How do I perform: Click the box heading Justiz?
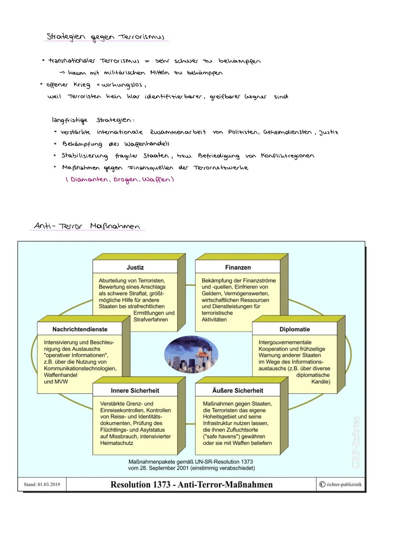[135, 268]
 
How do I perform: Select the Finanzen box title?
[238, 268]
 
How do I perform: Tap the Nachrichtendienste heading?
[80, 329]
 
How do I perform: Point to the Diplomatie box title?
[294, 329]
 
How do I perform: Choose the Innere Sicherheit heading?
[135, 391]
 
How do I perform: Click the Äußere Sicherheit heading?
[238, 391]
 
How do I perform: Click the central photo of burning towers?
[191, 354]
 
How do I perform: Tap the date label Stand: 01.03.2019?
[42, 484]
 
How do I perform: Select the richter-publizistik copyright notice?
[341, 484]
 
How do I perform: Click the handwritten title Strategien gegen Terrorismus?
[106, 37]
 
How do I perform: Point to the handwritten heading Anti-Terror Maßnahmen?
[87, 226]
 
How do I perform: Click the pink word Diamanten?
[89, 180]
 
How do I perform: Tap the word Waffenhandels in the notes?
[147, 144]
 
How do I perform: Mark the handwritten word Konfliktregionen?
[287, 156]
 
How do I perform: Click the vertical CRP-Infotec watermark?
[355, 442]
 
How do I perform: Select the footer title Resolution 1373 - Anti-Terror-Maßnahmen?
[191, 484]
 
